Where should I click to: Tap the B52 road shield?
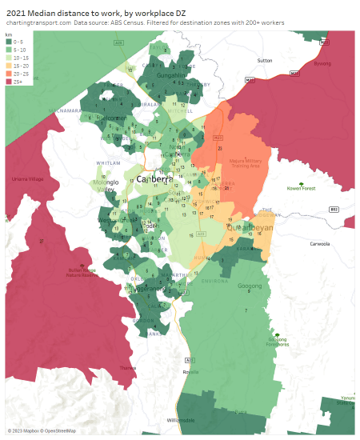334,210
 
